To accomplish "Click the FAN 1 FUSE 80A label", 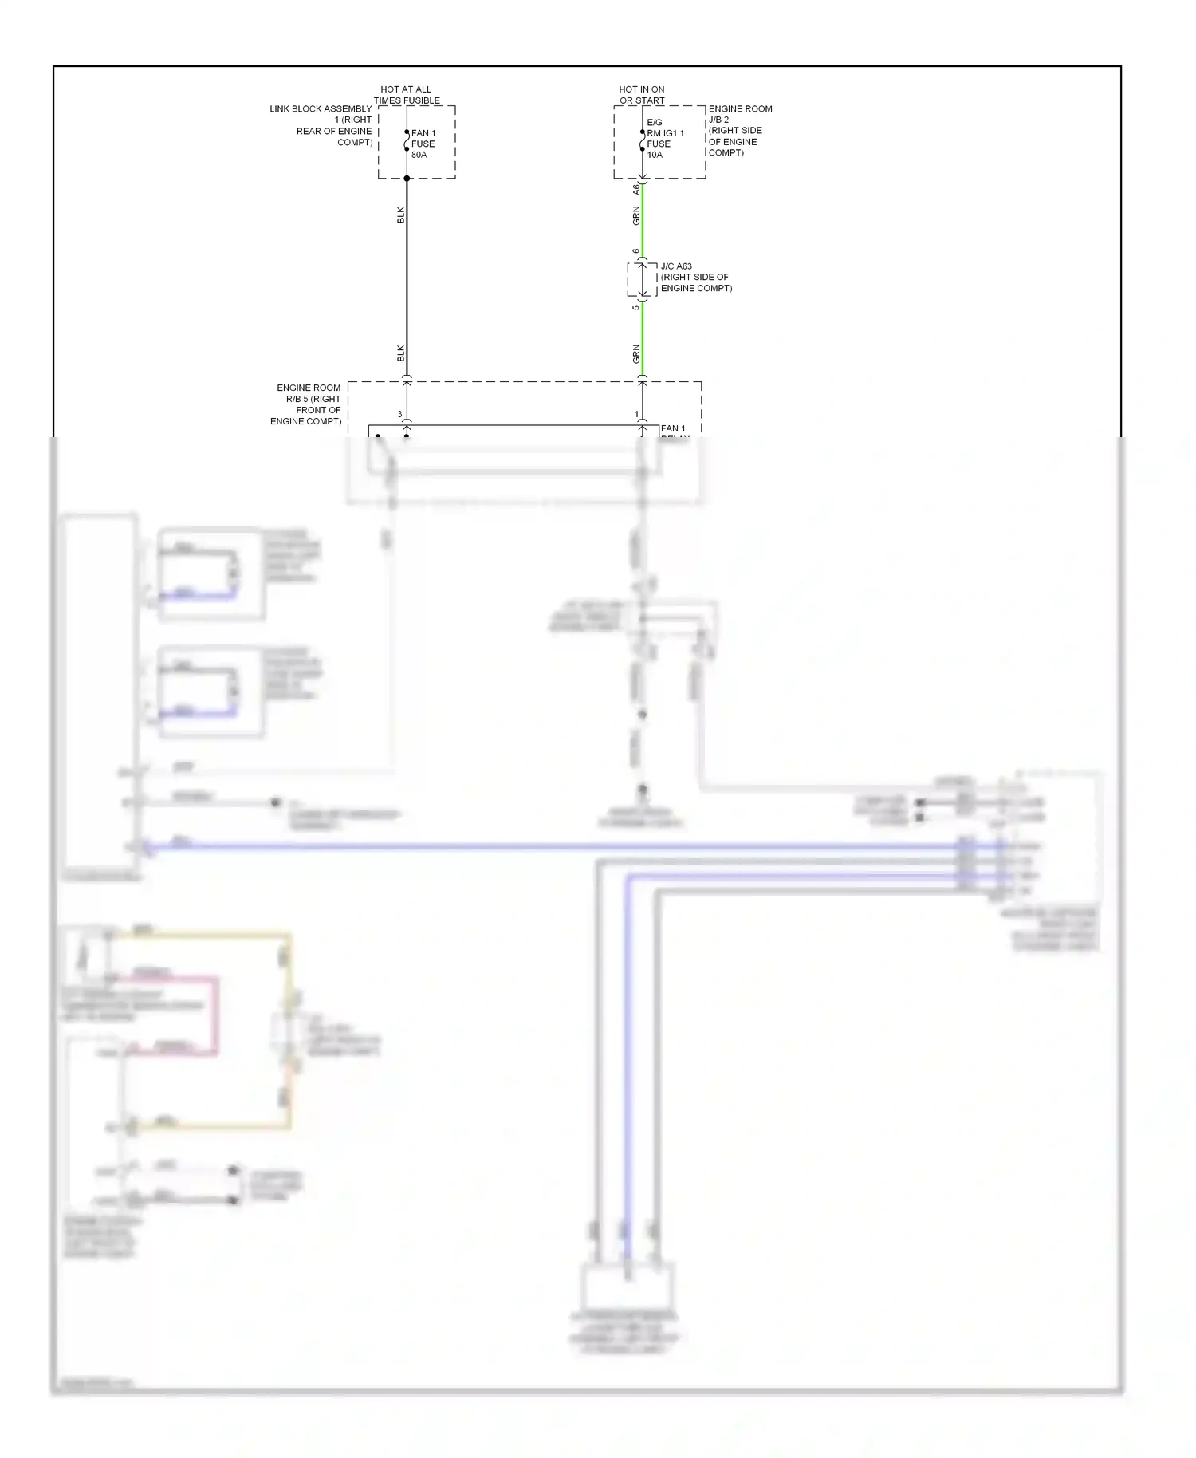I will point(423,144).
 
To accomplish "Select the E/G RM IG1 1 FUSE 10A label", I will point(664,139).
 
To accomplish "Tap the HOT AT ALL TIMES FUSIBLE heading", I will point(407,95).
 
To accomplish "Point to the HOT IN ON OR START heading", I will point(642,95).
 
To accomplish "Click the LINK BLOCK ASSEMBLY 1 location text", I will point(322,125).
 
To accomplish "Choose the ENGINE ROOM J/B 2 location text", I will point(739,131).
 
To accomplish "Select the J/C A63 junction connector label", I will point(695,278).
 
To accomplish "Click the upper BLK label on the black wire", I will point(401,215).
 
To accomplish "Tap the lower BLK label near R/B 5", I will point(401,353).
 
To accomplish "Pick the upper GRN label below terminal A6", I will point(636,215).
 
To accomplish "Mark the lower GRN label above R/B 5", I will point(636,353).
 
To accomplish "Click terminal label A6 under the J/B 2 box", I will point(636,189).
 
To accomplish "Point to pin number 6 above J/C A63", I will point(636,251).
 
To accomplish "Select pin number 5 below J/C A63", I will point(636,308).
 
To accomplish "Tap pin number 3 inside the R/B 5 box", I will point(400,414).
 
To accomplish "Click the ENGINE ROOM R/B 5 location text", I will point(307,404).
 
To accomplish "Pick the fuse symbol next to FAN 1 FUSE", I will point(407,141).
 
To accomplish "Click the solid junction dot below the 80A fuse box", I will point(407,179).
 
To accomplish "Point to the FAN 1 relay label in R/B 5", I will point(673,429).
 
